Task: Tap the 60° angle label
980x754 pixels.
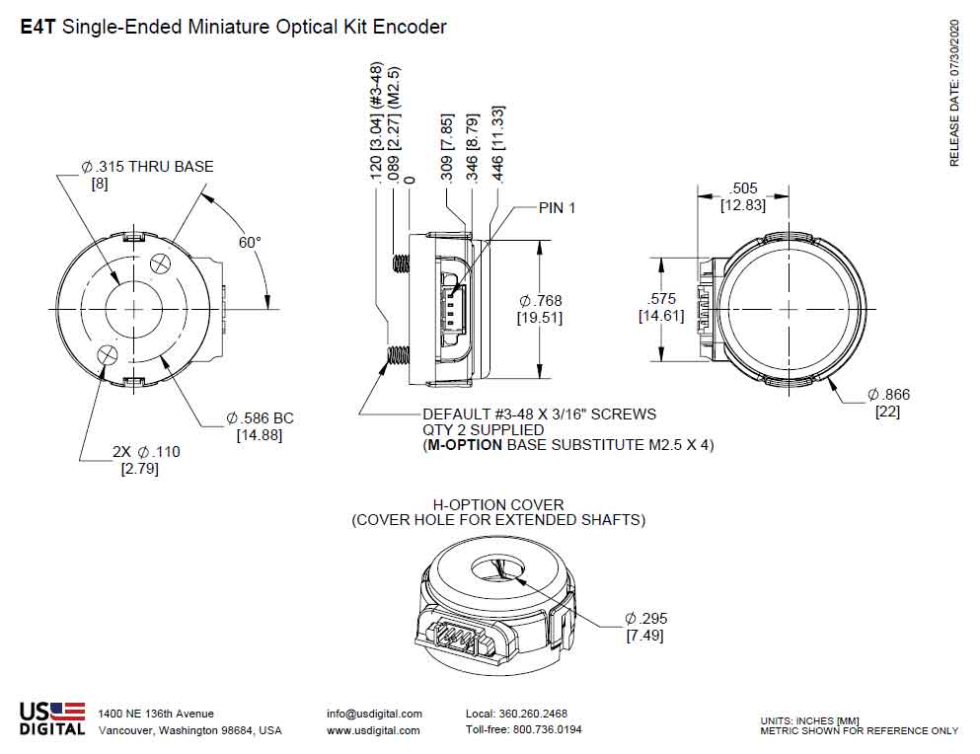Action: (251, 242)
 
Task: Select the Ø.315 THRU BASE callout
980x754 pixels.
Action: (146, 166)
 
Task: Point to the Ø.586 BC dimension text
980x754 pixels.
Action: (260, 418)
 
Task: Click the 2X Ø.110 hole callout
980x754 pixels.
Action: (146, 452)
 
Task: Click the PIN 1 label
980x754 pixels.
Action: (557, 208)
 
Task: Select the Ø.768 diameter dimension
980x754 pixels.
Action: (540, 300)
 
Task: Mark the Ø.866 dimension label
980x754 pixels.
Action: (888, 395)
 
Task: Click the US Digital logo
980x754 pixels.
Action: (51, 717)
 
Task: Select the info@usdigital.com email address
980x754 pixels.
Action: (374, 714)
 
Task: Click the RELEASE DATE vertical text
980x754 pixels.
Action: (954, 93)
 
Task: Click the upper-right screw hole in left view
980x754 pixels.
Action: (162, 266)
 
